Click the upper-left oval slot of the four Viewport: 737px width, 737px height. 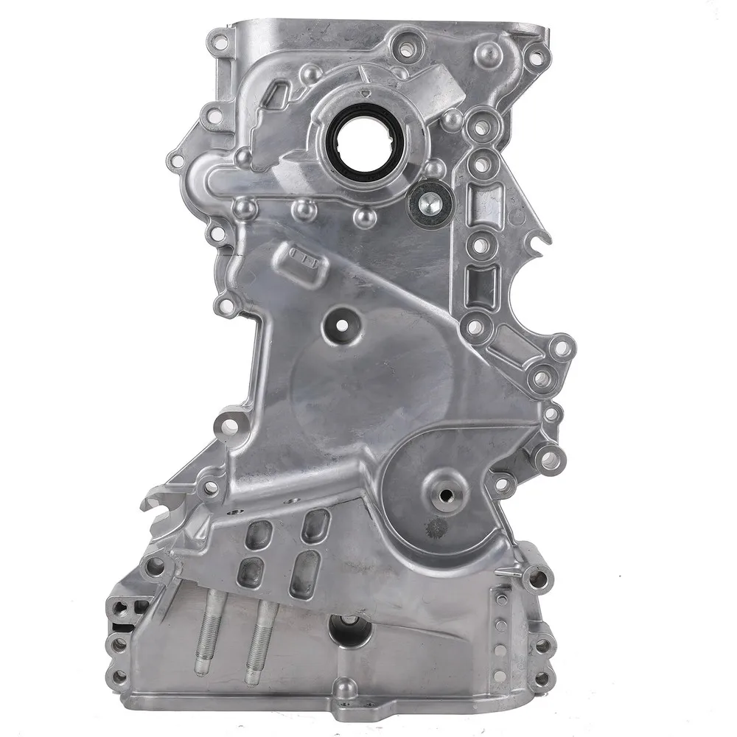click(x=257, y=535)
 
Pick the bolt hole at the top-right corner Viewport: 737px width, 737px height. click(x=537, y=55)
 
